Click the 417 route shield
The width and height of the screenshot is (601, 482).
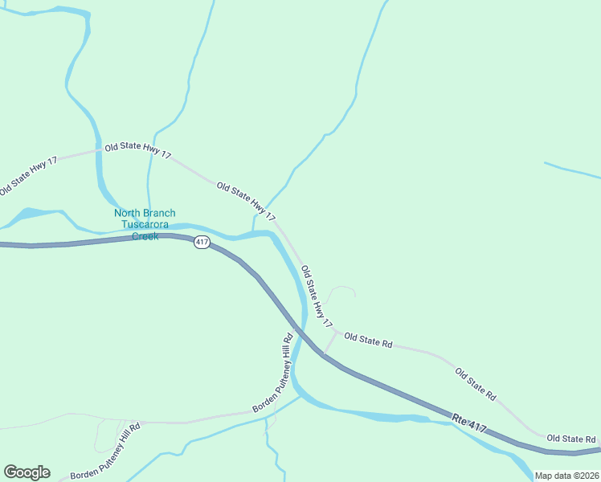pos(202,242)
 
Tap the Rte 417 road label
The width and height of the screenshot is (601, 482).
pos(469,420)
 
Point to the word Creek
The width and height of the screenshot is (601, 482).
pos(145,236)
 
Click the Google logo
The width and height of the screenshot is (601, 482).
pos(27,472)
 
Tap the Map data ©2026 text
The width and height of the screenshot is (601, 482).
pos(566,476)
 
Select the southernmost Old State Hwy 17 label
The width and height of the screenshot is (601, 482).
pos(317,296)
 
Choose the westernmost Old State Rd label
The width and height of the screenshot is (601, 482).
pos(368,341)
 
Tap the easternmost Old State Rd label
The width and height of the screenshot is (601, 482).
pos(570,439)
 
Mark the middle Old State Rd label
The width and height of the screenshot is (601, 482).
pos(476,385)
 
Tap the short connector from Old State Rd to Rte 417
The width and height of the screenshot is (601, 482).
pos(330,343)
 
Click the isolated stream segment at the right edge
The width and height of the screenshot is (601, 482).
pos(572,170)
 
